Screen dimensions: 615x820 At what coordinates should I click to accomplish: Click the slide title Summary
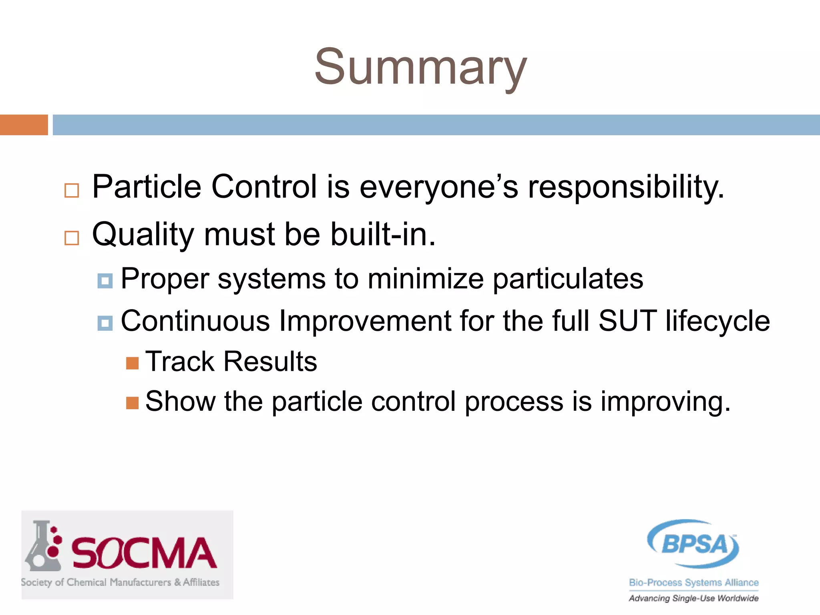click(x=420, y=67)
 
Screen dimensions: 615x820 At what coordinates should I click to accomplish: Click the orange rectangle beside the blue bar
click(x=24, y=125)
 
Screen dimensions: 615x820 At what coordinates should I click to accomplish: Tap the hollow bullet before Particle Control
click(x=72, y=191)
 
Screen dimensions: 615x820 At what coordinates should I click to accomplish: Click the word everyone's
click(x=438, y=187)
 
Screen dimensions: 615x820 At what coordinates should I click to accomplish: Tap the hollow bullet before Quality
click(x=72, y=238)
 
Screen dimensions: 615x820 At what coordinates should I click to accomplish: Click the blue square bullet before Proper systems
click(x=105, y=281)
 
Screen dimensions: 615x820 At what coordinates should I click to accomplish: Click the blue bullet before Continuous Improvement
click(x=105, y=323)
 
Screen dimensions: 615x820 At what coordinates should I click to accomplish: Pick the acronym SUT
click(x=627, y=321)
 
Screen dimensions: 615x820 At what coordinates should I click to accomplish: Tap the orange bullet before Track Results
click(x=132, y=363)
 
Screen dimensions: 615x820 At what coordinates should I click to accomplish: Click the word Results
click(x=270, y=362)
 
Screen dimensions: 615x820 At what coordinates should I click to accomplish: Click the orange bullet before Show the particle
click(x=132, y=403)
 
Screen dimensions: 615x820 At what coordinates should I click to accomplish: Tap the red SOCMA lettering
click(x=144, y=553)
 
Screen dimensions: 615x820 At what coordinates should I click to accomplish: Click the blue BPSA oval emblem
click(x=693, y=544)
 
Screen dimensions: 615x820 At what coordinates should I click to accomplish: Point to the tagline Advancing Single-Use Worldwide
click(x=693, y=598)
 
